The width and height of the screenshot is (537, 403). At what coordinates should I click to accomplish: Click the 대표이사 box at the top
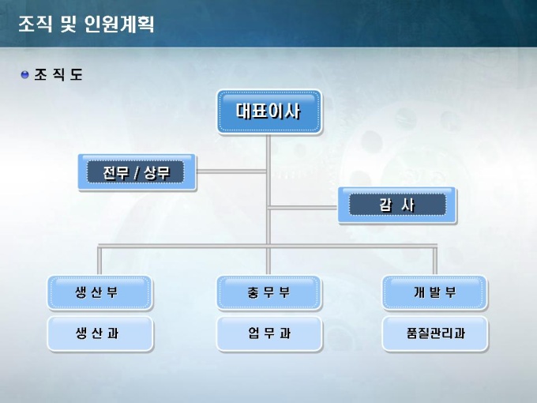(268, 111)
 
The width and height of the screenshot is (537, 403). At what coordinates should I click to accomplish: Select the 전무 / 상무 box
(137, 171)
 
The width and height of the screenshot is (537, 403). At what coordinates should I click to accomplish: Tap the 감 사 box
(397, 205)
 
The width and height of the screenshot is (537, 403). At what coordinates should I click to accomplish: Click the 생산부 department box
(100, 292)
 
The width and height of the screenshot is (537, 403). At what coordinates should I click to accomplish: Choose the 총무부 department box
(268, 292)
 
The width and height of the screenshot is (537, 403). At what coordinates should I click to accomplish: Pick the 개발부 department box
(434, 292)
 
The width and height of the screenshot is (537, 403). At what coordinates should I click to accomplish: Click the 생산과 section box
(100, 333)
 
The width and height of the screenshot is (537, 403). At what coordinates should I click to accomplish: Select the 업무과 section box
(268, 333)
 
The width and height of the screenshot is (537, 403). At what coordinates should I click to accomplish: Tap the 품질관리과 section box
(434, 333)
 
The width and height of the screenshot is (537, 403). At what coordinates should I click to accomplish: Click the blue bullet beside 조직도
(24, 75)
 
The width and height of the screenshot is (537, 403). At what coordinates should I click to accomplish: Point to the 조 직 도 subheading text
(58, 75)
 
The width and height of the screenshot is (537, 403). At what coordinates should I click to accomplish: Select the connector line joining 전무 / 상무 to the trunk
(231, 169)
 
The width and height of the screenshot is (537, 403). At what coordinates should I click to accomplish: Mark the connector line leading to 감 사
(304, 208)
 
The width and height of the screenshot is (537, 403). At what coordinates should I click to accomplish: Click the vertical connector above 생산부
(100, 260)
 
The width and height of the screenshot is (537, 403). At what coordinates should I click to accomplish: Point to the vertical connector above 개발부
(434, 260)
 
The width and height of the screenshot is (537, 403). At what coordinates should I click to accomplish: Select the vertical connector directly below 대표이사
(268, 150)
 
